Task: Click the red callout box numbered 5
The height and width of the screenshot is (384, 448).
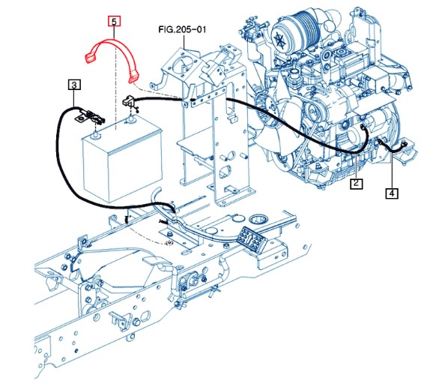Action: point(114,22)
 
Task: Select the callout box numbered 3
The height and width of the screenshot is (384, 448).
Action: point(74,85)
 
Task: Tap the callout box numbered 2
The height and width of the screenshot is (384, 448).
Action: point(357,183)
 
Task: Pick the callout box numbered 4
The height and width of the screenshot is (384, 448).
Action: point(392,193)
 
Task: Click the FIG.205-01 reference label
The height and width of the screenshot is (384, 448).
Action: point(182,29)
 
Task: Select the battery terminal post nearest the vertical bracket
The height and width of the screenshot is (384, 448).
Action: point(131,119)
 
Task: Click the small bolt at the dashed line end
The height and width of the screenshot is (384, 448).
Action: point(170,243)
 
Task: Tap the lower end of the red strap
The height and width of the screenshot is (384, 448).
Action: point(133,78)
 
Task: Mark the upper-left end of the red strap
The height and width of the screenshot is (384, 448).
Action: point(90,56)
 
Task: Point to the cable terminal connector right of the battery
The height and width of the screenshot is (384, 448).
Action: point(129,100)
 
